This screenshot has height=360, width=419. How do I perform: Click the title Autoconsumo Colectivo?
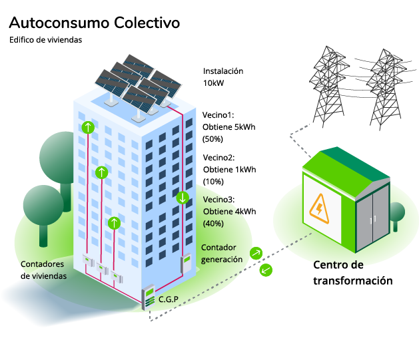94,23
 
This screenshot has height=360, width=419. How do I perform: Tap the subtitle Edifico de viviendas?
45,40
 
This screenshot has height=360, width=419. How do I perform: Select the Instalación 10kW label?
222,77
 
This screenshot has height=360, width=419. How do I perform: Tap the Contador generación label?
221,253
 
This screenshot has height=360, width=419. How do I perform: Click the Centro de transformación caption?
352,273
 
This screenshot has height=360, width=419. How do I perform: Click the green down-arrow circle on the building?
183,198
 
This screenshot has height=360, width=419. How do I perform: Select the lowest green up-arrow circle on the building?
115,222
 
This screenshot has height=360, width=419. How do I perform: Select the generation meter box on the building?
187,265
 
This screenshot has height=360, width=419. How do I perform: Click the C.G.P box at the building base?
149,296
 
